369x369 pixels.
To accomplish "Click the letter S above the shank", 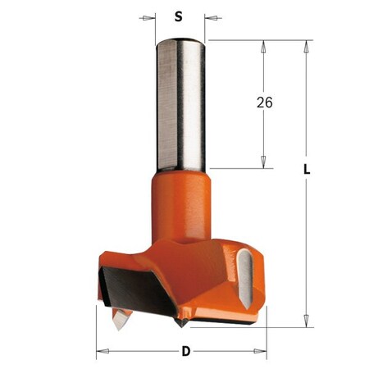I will (180, 16).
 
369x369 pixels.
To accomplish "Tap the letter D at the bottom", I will (185, 352).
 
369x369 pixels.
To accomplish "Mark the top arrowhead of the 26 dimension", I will (264, 47).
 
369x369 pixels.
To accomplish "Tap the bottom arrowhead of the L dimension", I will (305, 320).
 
